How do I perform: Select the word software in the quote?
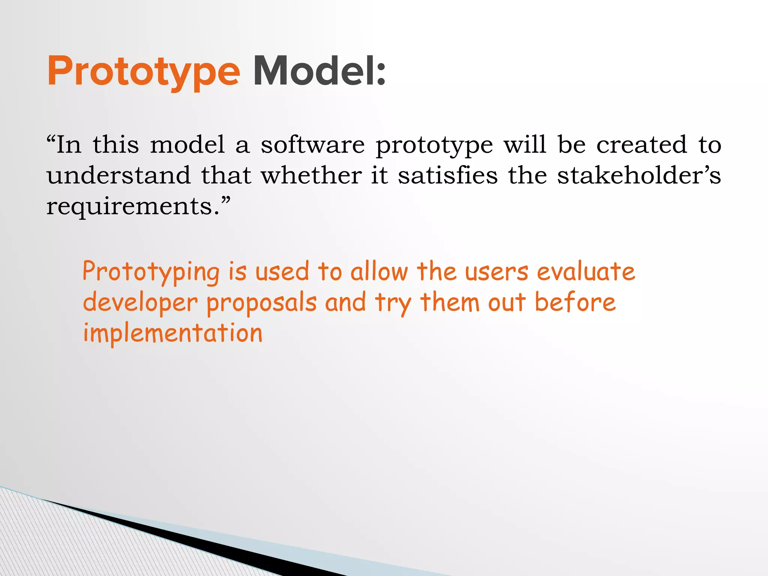tap(312, 145)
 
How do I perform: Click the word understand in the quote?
tap(118, 175)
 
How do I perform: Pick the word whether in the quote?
tap(311, 175)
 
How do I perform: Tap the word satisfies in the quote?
tap(447, 175)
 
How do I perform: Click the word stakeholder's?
tap(639, 175)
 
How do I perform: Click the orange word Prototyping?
tap(151, 272)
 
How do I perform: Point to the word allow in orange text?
tap(379, 271)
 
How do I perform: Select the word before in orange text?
tap(575, 302)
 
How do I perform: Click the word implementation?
tap(172, 333)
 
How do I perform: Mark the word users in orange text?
tap(496, 272)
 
